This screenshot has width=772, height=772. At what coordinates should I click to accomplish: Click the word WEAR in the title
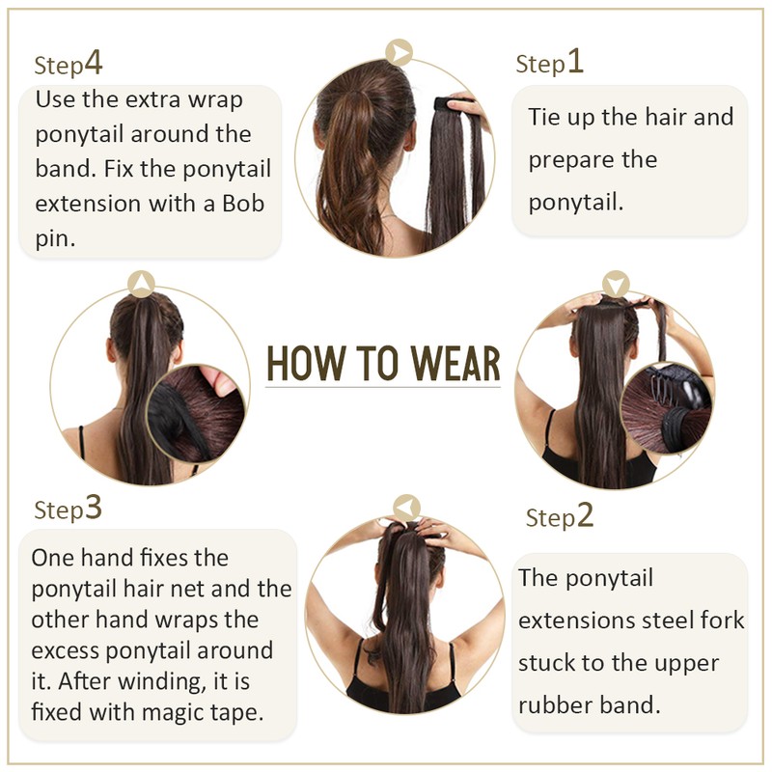coord(455,364)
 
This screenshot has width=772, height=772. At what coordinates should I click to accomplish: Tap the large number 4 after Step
coord(94,63)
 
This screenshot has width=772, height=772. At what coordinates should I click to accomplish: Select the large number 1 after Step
coord(575,61)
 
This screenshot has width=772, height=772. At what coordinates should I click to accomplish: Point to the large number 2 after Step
coord(585,515)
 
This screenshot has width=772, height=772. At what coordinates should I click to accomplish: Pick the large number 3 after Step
coord(93,508)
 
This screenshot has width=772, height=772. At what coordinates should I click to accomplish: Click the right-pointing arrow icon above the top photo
coord(399,52)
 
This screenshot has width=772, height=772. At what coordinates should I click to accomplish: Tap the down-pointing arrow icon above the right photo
coord(616,284)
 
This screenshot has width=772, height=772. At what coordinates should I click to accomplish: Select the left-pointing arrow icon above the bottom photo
coord(406,509)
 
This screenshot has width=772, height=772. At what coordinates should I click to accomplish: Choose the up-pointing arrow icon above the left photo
coord(141,284)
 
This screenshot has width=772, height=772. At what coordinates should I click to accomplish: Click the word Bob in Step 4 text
coord(243,204)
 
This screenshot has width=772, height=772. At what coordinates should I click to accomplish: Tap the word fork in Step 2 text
coord(722,620)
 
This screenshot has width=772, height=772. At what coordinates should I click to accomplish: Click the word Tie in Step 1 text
coord(544,117)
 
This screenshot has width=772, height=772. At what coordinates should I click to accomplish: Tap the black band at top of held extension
coord(447,104)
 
